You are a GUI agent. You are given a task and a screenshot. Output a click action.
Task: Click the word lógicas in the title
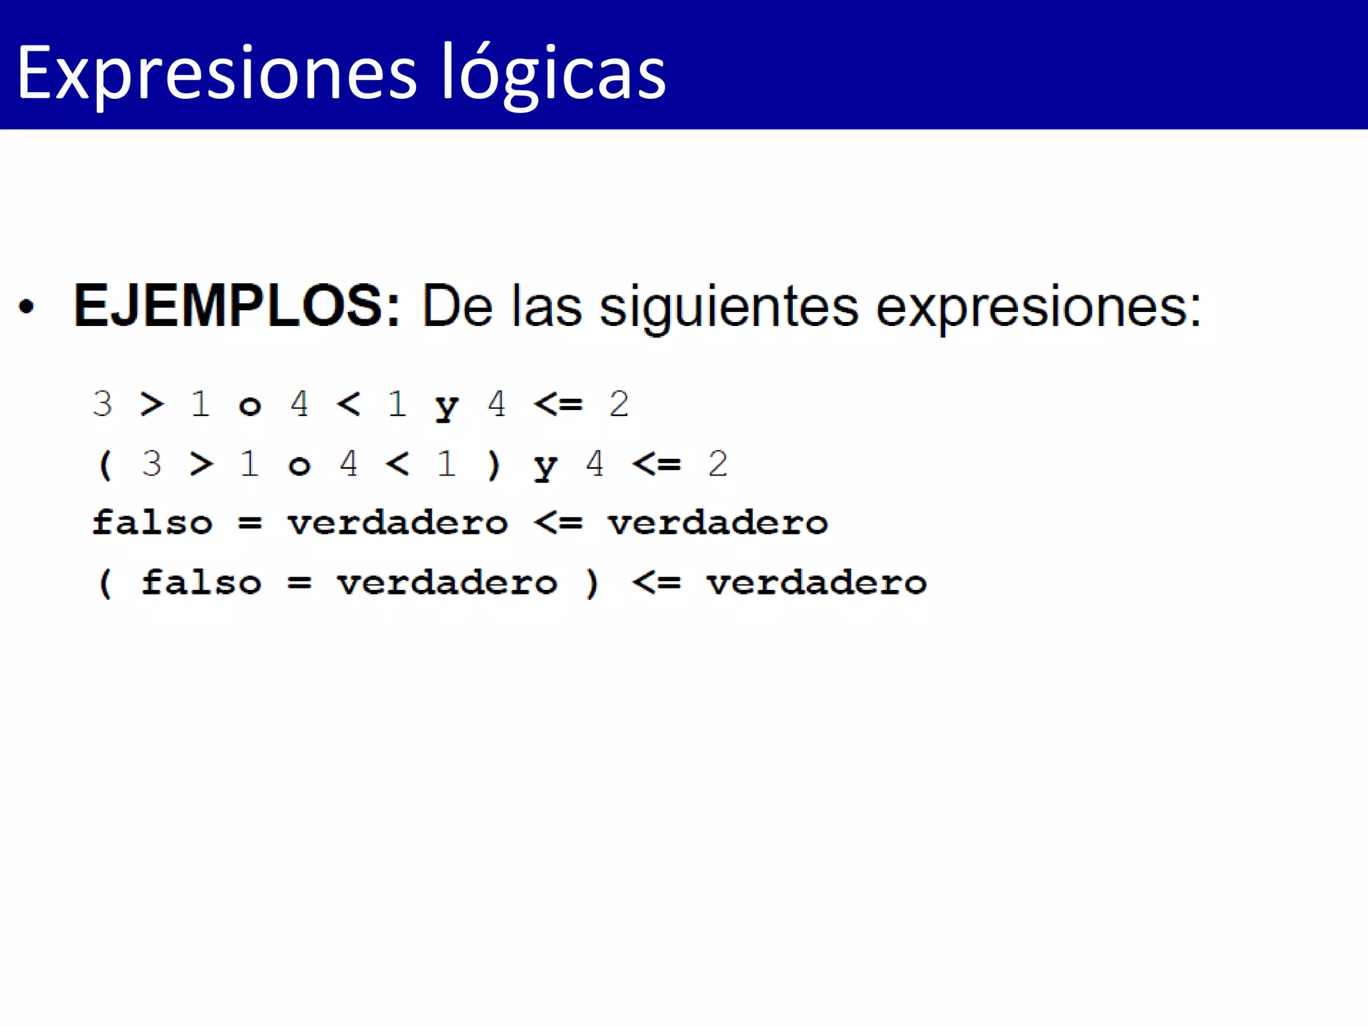pos(552,73)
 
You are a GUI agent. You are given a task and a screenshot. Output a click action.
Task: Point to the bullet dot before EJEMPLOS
pos(26,307)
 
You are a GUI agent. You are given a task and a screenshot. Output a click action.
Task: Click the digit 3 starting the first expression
pos(102,403)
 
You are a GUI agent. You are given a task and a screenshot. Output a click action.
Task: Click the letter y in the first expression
pos(447,406)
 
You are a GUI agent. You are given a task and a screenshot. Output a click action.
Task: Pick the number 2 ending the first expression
pos(619,403)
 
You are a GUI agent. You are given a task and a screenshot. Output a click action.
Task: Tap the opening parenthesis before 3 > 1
pos(105,464)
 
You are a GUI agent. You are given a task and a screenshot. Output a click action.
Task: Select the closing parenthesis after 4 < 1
pos(494,464)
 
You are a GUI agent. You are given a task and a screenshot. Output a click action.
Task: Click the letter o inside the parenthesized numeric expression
pos(299,466)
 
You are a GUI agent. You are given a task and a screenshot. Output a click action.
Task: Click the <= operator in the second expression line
pos(657,464)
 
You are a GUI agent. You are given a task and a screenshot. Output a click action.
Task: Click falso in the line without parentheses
pos(152,522)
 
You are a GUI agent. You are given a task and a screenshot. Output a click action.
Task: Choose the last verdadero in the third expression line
pos(718,523)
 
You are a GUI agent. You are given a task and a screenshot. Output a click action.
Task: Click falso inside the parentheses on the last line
pos(201,582)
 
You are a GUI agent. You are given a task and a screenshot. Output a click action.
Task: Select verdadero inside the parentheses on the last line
pos(447,583)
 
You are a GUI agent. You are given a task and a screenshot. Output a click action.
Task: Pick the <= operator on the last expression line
pos(657,583)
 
